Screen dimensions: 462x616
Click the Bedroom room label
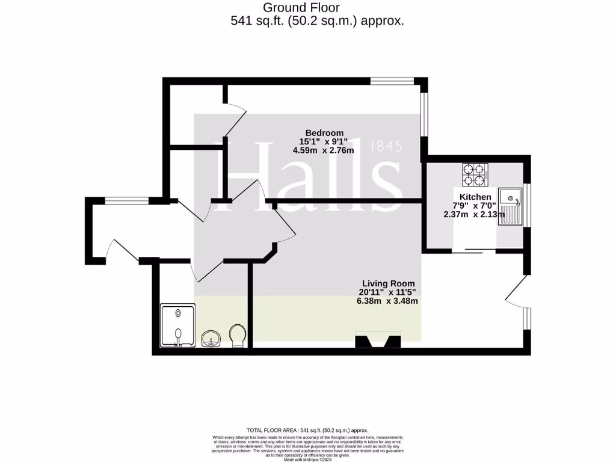pyautogui.click(x=324, y=133)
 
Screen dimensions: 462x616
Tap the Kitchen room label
pyautogui.click(x=475, y=197)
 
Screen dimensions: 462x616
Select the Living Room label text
pyautogui.click(x=388, y=283)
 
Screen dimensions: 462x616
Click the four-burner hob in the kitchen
pyautogui.click(x=474, y=174)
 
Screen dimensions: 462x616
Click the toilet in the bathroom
pyautogui.click(x=238, y=336)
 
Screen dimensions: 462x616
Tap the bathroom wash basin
pyautogui.click(x=211, y=338)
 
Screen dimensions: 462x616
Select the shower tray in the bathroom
pyautogui.click(x=178, y=325)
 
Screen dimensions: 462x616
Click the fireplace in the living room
pyautogui.click(x=378, y=341)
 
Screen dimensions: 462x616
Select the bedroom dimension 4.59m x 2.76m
pyautogui.click(x=323, y=150)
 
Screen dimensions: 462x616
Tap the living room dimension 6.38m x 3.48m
pyautogui.click(x=387, y=301)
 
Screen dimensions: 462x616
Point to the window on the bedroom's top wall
pyautogui.click(x=392, y=80)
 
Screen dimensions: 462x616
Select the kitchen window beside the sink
pyautogui.click(x=527, y=206)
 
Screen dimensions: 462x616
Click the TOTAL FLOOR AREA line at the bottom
pyautogui.click(x=307, y=430)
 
